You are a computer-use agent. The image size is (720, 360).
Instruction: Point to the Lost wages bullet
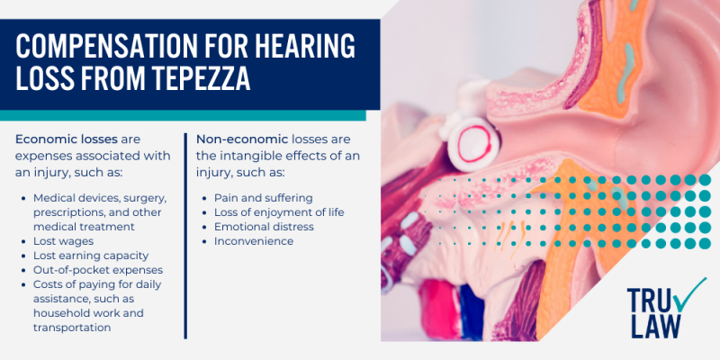pyautogui.click(x=62, y=241)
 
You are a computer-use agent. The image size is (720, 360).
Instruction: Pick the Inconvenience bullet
pyautogui.click(x=253, y=241)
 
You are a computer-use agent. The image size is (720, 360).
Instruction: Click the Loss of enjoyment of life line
pyautogui.click(x=279, y=211)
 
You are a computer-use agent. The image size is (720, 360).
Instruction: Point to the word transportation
pyautogui.click(x=72, y=328)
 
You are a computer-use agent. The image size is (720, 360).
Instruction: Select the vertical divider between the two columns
pyautogui.click(x=185, y=234)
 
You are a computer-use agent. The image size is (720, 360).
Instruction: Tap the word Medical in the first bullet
pyautogui.click(x=54, y=196)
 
